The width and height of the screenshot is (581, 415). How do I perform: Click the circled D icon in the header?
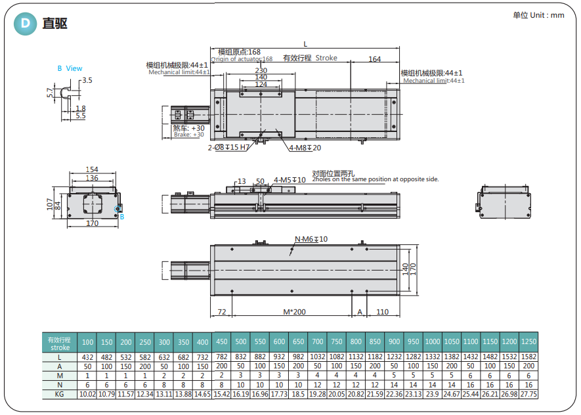click(26, 24)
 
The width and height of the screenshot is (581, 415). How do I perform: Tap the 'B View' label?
click(70, 68)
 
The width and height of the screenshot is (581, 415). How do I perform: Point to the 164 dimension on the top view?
click(374, 59)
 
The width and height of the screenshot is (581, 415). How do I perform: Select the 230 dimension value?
click(261, 70)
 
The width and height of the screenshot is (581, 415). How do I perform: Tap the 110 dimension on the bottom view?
click(383, 311)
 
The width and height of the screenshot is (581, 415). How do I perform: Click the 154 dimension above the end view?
click(92, 170)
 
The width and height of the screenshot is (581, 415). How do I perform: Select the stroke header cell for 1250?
click(528, 341)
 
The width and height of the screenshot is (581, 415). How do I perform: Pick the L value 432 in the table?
click(87, 357)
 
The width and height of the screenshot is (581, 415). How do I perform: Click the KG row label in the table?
click(59, 394)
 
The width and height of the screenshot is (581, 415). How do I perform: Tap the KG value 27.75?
click(528, 394)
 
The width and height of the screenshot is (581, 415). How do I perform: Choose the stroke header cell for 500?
click(241, 341)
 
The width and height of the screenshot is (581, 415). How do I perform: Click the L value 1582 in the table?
click(528, 357)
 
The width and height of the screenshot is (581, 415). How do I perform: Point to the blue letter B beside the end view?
click(121, 216)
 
